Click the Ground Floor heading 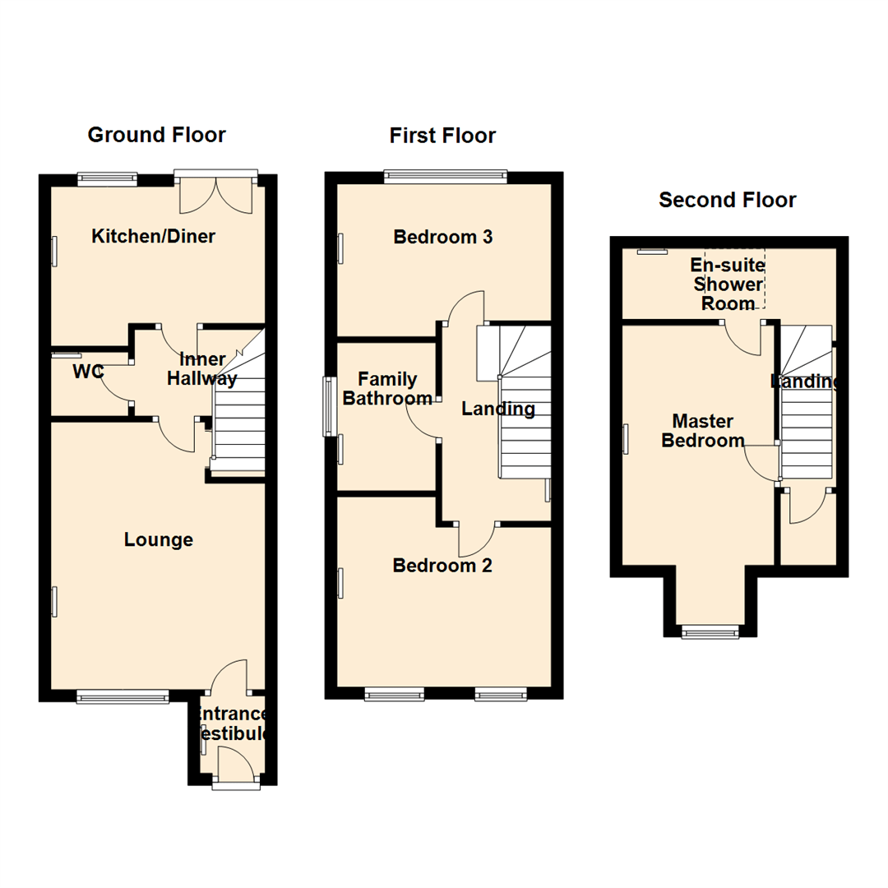(x=156, y=135)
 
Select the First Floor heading (x=442, y=135)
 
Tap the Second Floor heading (x=727, y=200)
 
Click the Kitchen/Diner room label (x=153, y=237)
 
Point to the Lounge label (x=159, y=539)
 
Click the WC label (x=88, y=372)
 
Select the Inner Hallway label (x=201, y=369)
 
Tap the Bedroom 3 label (x=443, y=237)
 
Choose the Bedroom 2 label (x=442, y=566)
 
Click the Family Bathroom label (x=387, y=389)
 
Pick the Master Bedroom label (x=703, y=431)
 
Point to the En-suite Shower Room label (x=727, y=284)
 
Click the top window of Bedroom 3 (x=445, y=174)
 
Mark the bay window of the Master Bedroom (x=709, y=631)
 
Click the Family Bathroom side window (x=329, y=405)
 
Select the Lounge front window (x=123, y=696)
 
